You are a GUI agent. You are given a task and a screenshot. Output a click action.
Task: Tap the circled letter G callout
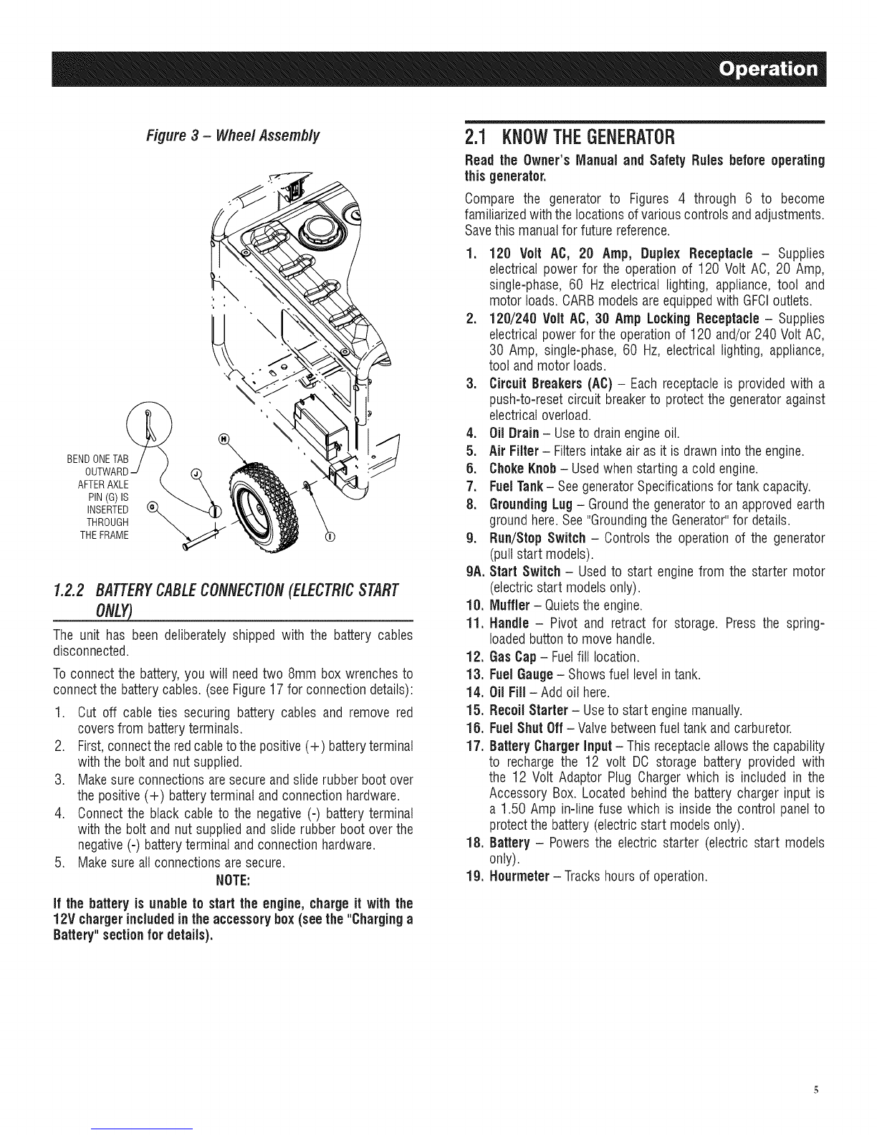pos(152,506)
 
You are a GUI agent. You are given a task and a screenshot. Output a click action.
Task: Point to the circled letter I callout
pos(330,537)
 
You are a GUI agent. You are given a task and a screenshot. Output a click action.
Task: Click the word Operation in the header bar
pos(768,69)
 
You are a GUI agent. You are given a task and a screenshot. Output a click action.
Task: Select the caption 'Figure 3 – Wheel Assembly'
pos(232,136)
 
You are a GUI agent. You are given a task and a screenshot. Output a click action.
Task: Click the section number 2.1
pos(476,138)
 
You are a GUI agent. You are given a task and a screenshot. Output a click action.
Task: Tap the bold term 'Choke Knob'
pos(523,469)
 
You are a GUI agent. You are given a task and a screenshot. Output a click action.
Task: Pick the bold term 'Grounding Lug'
pos(531,504)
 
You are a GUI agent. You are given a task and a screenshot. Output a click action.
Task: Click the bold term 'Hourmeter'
pos(519,876)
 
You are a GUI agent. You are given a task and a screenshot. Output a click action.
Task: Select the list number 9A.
pos(476,571)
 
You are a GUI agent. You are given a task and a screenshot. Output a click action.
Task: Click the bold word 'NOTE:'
pos(233,880)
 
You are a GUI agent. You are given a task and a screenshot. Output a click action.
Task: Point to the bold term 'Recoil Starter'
pos(529,710)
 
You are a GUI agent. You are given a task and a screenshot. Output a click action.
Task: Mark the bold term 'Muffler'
pos(510,605)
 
